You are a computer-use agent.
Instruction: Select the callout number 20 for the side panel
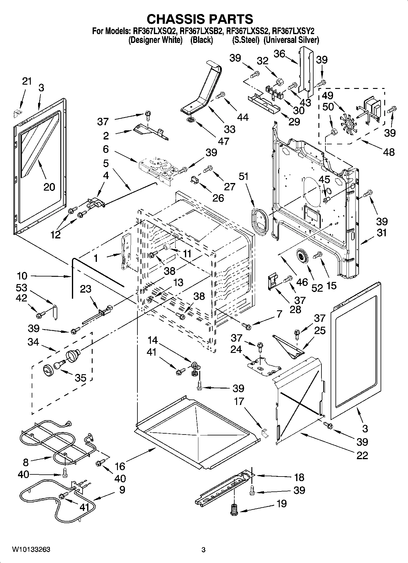[x=49, y=187]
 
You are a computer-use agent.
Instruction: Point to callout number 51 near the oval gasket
[x=244, y=176]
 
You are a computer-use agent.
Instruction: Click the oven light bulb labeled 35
[x=59, y=364]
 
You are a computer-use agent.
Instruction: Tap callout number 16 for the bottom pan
[x=120, y=466]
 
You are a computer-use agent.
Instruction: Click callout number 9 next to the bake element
[x=122, y=490]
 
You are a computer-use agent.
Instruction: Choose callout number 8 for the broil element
[x=26, y=463]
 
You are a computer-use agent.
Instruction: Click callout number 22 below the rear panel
[x=362, y=455]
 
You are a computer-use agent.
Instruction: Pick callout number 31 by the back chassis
[x=381, y=233]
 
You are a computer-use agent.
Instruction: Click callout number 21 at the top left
[x=27, y=81]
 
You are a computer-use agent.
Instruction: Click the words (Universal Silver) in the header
[x=291, y=40]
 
